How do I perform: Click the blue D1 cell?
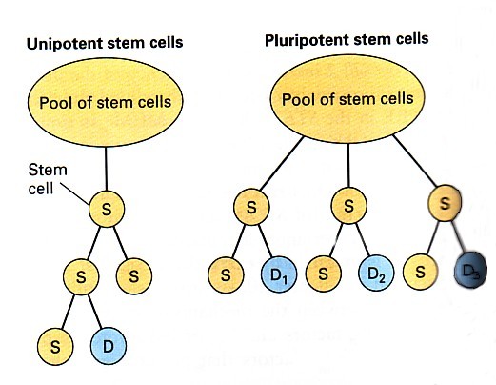click(x=279, y=274)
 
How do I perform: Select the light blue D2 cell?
click(x=376, y=273)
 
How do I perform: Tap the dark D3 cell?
click(x=470, y=270)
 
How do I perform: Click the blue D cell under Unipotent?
click(x=109, y=346)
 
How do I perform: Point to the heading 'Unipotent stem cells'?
click(x=105, y=43)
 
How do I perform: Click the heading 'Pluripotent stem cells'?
click(x=347, y=40)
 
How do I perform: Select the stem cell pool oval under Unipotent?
click(x=106, y=102)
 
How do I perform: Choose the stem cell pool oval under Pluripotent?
click(x=347, y=99)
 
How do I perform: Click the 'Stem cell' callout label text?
click(x=48, y=179)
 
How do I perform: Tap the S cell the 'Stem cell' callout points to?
click(x=107, y=209)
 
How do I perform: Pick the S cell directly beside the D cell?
click(x=55, y=347)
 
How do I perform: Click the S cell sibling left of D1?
click(x=226, y=274)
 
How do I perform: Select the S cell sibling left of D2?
click(x=323, y=274)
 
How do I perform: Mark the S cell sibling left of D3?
click(x=420, y=272)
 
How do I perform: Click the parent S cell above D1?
click(x=251, y=207)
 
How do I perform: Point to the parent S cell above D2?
click(x=348, y=206)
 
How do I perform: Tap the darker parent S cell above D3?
click(x=445, y=203)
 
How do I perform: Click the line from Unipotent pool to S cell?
click(x=106, y=169)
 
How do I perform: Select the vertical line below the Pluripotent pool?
click(x=348, y=165)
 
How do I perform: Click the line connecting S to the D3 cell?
click(x=458, y=236)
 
